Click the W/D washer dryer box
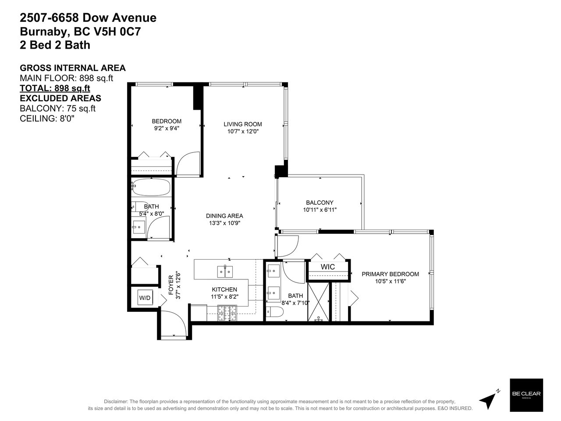(145, 297)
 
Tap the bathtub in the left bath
(151, 187)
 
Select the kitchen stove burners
(227, 313)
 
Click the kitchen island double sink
(225, 271)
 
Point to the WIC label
(328, 267)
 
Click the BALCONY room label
(320, 203)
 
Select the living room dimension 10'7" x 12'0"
(243, 132)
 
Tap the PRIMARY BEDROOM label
(390, 274)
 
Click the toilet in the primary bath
(275, 312)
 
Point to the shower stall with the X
(318, 302)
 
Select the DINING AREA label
(224, 216)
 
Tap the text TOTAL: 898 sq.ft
(55, 88)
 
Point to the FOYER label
(171, 285)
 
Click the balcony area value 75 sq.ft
(81, 108)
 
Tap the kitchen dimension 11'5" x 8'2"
(224, 296)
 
